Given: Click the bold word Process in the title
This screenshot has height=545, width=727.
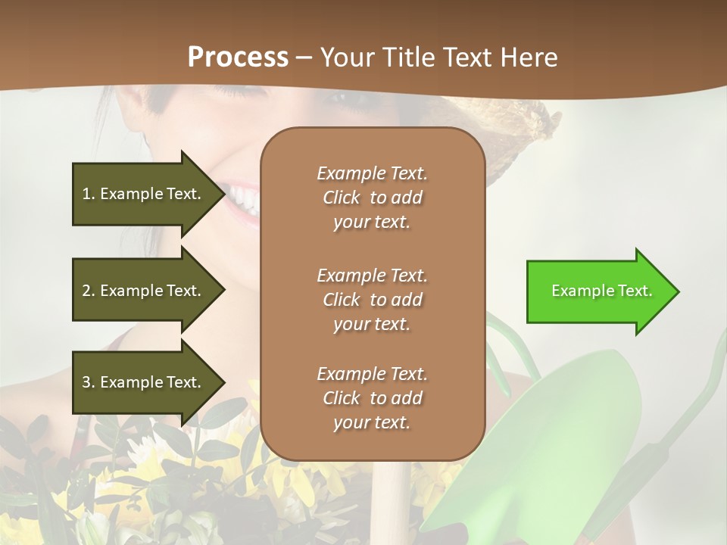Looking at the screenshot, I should click(238, 58).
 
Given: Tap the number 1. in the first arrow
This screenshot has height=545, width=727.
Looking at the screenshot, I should click(89, 194).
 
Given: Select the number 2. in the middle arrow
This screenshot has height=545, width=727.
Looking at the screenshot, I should click(89, 291).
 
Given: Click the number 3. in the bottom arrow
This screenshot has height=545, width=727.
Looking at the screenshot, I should click(89, 382).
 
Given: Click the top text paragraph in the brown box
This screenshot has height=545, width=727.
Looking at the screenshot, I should click(372, 198).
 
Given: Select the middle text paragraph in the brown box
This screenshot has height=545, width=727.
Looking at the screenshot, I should click(372, 300).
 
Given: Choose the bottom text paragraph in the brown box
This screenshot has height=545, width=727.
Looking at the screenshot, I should click(372, 398).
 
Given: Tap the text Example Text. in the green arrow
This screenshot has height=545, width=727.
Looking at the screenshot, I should click(601, 291).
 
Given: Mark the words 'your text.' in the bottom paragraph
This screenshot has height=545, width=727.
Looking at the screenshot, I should click(372, 423).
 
